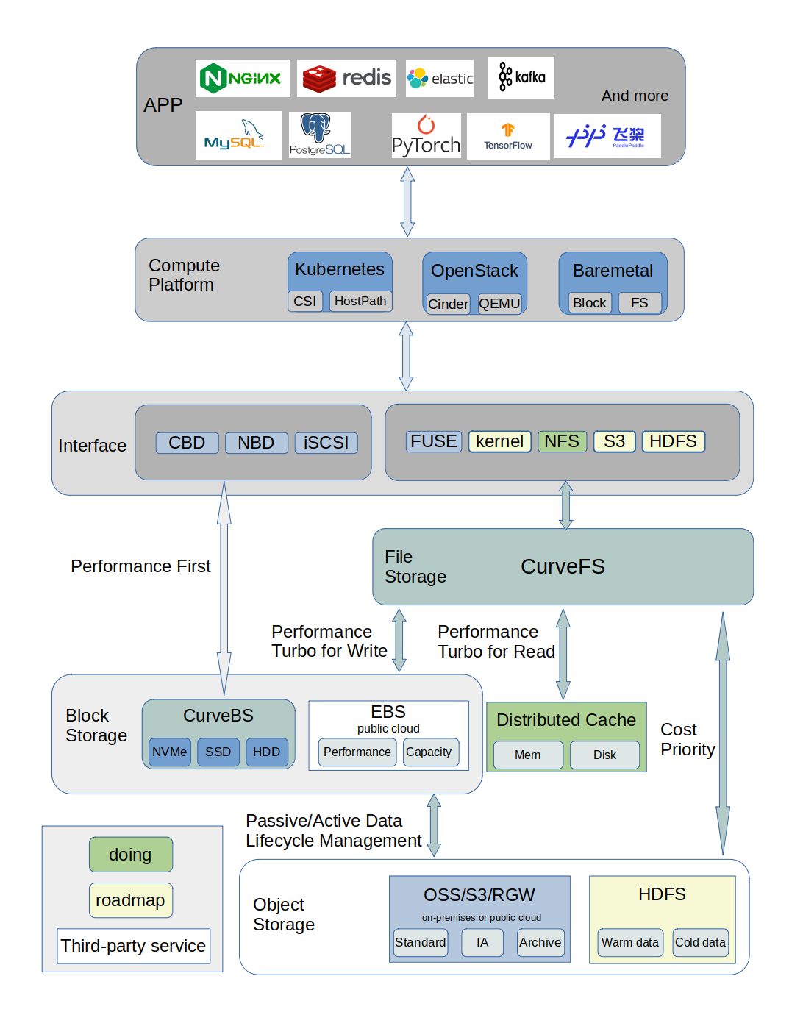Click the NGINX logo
(x=243, y=78)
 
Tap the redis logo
(x=346, y=78)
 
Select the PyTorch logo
(x=426, y=136)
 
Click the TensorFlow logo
(x=508, y=136)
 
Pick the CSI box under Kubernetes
(x=305, y=301)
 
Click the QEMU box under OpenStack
(x=499, y=304)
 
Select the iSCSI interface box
(x=326, y=443)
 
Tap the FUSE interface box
(x=434, y=441)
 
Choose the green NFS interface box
(x=562, y=441)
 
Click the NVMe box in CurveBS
(x=170, y=752)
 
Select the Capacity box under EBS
(x=429, y=752)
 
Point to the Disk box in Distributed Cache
(x=604, y=755)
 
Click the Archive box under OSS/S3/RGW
(x=540, y=942)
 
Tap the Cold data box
(x=700, y=942)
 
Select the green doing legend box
(x=131, y=855)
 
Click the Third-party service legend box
(x=134, y=946)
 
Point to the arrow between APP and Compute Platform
(x=407, y=202)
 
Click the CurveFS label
(x=563, y=566)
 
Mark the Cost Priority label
(x=688, y=739)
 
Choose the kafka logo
(x=521, y=77)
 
